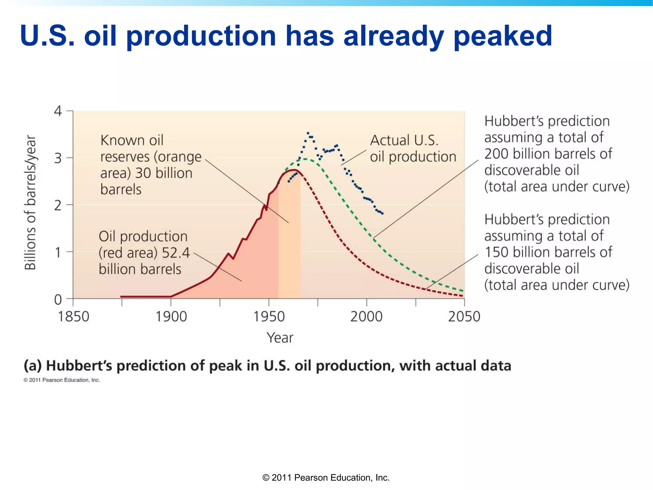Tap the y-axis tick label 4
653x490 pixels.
click(58, 111)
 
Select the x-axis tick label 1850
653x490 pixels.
click(73, 317)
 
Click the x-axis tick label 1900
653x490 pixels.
click(171, 317)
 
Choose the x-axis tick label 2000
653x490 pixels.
click(366, 317)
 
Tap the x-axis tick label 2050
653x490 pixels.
click(464, 317)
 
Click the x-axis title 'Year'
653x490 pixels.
click(280, 338)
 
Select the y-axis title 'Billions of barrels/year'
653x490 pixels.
click(31, 203)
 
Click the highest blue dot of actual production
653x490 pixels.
click(308, 133)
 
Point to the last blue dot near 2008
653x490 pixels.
click(382, 213)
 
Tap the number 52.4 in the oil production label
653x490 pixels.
click(176, 253)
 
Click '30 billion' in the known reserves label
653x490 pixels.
click(164, 173)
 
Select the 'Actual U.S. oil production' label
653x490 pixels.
click(413, 149)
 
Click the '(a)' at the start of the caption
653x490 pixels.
click(33, 366)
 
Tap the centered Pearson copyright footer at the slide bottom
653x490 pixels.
click(326, 478)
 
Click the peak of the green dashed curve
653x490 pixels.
click(305, 159)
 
